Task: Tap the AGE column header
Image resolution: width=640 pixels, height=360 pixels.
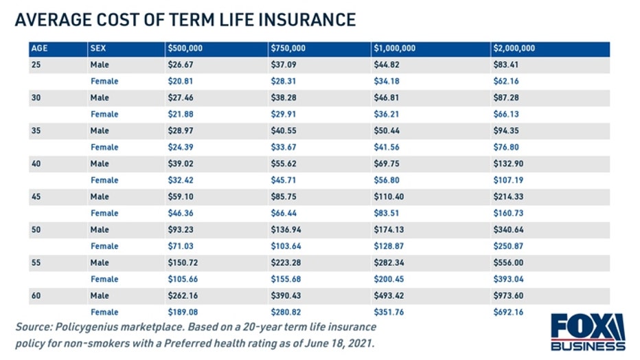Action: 39,49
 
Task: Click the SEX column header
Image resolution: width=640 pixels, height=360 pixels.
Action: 99,49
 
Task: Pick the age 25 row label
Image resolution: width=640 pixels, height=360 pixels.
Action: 36,65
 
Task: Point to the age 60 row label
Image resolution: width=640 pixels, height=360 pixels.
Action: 36,295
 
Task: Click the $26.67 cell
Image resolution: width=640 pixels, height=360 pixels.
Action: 181,65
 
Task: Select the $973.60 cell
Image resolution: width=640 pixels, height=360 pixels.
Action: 507,295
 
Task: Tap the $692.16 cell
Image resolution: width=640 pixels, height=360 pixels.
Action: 507,312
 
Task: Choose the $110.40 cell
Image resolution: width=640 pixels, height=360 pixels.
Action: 388,196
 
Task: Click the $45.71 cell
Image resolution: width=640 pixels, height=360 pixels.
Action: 284,180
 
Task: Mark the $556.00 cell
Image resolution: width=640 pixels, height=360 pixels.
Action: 507,262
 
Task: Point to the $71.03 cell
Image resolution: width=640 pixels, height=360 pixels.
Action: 181,246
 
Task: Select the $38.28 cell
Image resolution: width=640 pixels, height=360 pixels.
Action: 284,98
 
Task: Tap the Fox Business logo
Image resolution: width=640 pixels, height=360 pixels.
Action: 588,333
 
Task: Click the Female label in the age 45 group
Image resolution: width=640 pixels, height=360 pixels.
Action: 104,213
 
